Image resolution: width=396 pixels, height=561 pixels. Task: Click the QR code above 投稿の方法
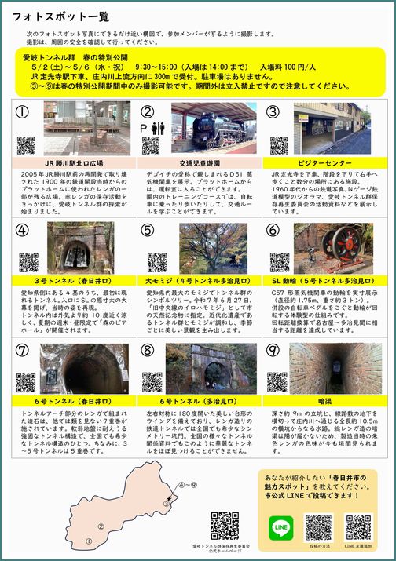tap(319, 526)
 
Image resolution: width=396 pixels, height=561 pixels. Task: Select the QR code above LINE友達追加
tap(358, 526)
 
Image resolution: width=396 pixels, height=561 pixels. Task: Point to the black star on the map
tap(167, 499)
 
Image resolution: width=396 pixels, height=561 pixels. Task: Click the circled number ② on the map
tap(101, 526)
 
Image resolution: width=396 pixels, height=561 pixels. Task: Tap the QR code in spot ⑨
tap(277, 381)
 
